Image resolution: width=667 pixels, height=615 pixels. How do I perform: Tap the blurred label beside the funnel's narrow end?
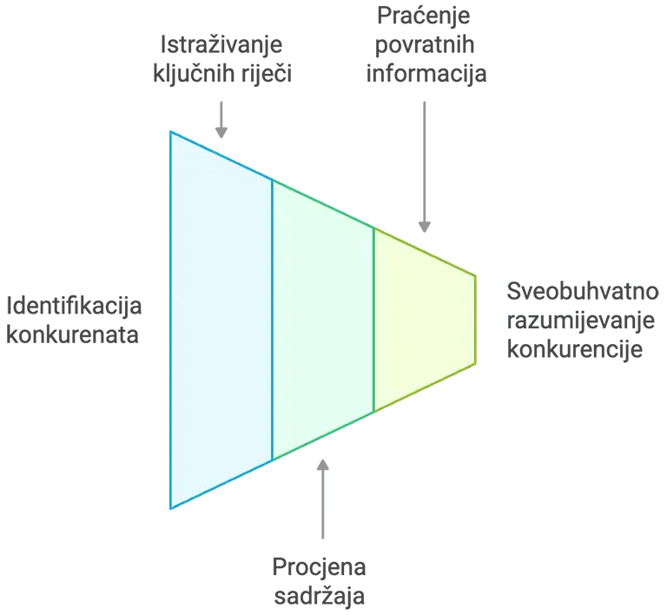[x=583, y=319]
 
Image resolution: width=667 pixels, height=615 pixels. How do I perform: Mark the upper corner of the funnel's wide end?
[x=171, y=132]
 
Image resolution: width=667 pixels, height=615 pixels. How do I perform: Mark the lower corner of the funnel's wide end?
[x=171, y=507]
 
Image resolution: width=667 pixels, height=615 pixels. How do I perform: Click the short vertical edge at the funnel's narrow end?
[x=475, y=320]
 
